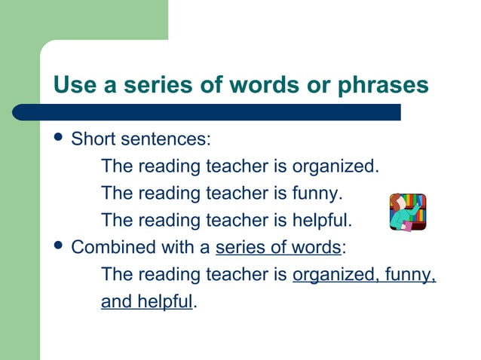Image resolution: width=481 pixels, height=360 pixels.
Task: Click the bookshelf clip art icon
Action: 408,212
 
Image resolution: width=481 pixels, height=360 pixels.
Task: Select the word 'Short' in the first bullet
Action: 93,139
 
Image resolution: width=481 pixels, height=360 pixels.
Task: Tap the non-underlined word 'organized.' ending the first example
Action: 335,166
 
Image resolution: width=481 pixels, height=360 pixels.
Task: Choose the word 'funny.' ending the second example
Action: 317,194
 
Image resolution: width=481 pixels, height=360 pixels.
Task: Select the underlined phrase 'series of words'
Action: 278,248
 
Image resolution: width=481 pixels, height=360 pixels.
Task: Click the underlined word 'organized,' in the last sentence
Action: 332,275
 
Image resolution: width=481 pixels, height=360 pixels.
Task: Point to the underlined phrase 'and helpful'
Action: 146,302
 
